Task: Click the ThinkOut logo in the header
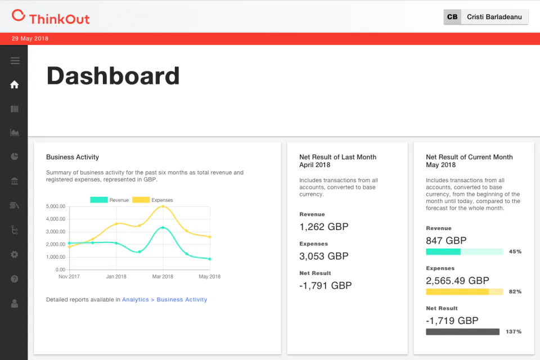pyautogui.click(x=51, y=17)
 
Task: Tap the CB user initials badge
pyautogui.click(x=452, y=17)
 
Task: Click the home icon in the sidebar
pyautogui.click(x=15, y=84)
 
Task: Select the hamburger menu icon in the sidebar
pyautogui.click(x=15, y=61)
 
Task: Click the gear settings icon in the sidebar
pyautogui.click(x=15, y=255)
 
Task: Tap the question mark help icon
pyautogui.click(x=15, y=279)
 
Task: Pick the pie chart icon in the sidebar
pyautogui.click(x=15, y=156)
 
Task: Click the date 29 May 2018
pyautogui.click(x=30, y=39)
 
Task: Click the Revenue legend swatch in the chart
pyautogui.click(x=99, y=200)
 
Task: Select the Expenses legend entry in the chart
pyautogui.click(x=152, y=200)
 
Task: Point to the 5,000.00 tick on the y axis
pyautogui.click(x=56, y=206)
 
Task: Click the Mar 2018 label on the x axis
pyautogui.click(x=163, y=277)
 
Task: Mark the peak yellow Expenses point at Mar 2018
pyautogui.click(x=163, y=206)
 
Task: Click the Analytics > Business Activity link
pyautogui.click(x=165, y=300)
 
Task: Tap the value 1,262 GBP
pyautogui.click(x=324, y=227)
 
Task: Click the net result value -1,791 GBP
pyautogui.click(x=326, y=286)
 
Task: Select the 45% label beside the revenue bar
pyautogui.click(x=515, y=251)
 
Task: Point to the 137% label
pyautogui.click(x=514, y=331)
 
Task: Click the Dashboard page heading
pyautogui.click(x=113, y=76)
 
